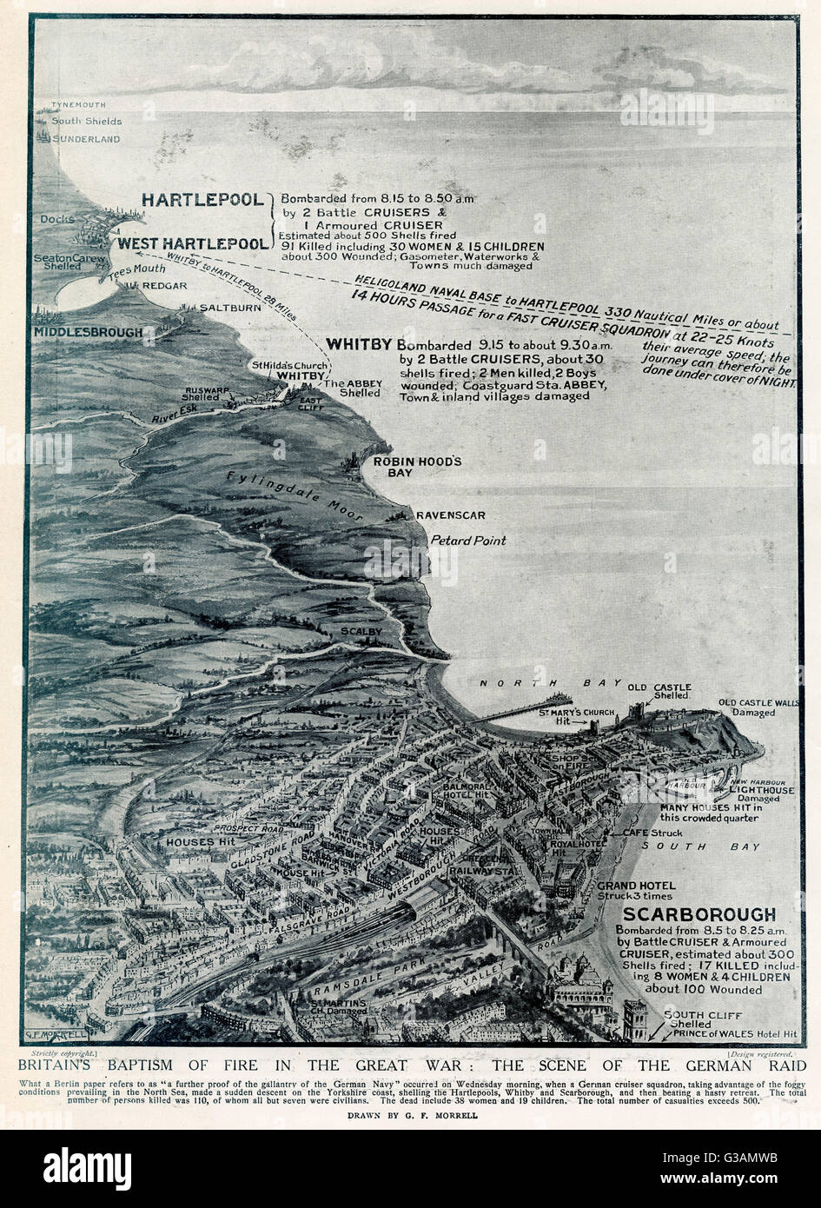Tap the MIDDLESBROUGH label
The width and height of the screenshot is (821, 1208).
click(88, 332)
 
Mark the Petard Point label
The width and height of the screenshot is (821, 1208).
click(468, 541)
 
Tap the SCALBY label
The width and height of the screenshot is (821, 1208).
click(357, 632)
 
